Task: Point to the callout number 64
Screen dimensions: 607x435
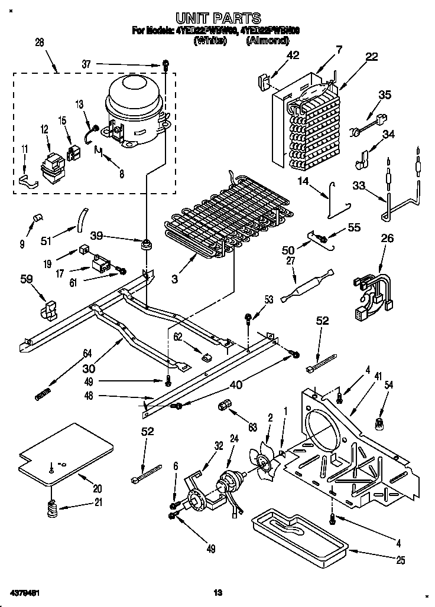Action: coord(87,354)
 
